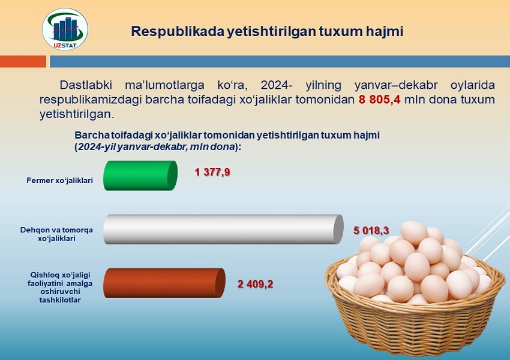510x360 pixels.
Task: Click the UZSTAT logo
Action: pyautogui.click(x=65, y=29)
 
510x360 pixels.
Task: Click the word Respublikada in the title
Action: pyautogui.click(x=178, y=32)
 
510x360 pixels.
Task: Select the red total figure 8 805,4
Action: pyautogui.click(x=380, y=100)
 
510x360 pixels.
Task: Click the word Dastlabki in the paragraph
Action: pyautogui.click(x=86, y=85)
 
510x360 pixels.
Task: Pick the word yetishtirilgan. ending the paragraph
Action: pyautogui.click(x=77, y=114)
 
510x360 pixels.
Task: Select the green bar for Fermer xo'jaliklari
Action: pyautogui.click(x=140, y=176)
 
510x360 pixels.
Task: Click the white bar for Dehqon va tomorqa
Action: pyautogui.click(x=223, y=229)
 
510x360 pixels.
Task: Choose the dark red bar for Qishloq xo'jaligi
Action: pyautogui.click(x=164, y=283)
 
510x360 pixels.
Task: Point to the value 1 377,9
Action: pyautogui.click(x=212, y=172)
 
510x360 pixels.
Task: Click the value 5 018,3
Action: pyautogui.click(x=371, y=230)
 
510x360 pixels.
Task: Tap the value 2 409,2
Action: pyautogui.click(x=256, y=284)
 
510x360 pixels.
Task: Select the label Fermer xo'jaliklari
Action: pyautogui.click(x=59, y=181)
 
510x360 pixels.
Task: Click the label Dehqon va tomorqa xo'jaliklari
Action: pyautogui.click(x=56, y=234)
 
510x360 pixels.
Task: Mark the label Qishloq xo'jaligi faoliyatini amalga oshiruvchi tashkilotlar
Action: pyautogui.click(x=60, y=287)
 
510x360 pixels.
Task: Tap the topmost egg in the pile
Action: pyautogui.click(x=414, y=233)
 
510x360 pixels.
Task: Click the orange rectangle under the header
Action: pyautogui.click(x=23, y=61)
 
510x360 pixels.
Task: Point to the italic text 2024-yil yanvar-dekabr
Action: pyautogui.click(x=156, y=146)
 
